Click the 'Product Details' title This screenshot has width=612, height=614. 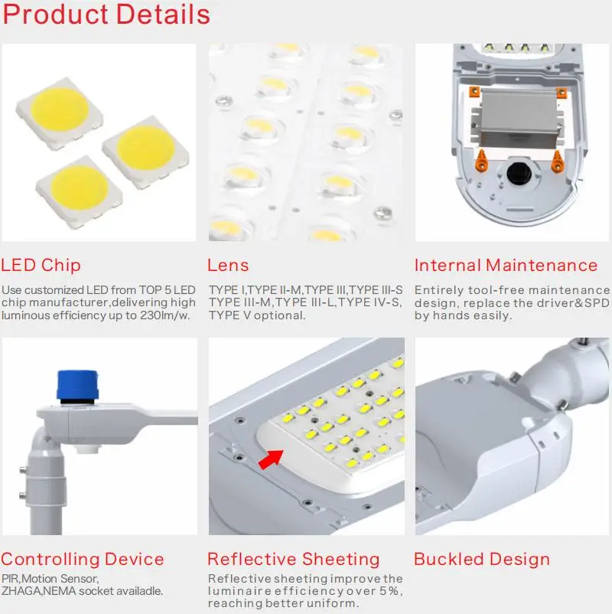[106, 15]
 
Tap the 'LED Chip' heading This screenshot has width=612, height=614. [41, 266]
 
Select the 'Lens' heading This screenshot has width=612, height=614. [228, 266]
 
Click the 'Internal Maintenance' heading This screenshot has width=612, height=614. [506, 266]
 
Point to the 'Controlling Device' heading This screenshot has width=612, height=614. [83, 560]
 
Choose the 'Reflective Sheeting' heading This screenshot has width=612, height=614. [294, 560]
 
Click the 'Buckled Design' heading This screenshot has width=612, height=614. [482, 560]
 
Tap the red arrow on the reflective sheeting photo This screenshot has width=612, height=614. [269, 458]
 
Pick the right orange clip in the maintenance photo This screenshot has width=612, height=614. [556, 158]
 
